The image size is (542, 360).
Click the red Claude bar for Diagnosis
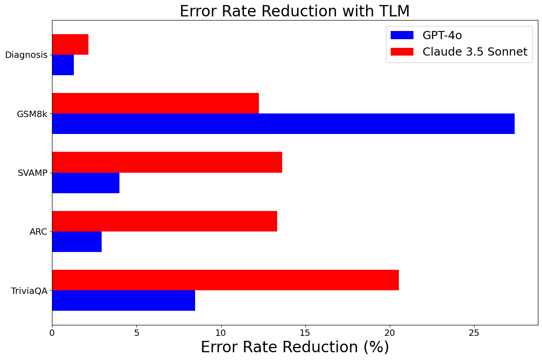pos(70,45)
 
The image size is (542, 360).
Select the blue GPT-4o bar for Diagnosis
pos(63,65)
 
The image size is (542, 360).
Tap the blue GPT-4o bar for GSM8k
pos(283,123)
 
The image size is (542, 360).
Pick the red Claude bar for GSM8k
pos(155,103)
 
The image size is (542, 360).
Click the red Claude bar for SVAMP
pos(167,162)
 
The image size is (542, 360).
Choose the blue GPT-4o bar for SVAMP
pos(86,183)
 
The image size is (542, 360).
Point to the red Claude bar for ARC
pos(165,221)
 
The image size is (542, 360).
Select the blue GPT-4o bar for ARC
pos(77,242)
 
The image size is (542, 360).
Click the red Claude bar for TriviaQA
pos(225,280)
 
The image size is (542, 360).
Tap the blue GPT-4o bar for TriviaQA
pos(124,300)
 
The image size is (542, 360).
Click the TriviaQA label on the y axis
pos(29,291)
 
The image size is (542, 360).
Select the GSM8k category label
pos(32,114)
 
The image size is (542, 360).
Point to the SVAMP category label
pos(32,173)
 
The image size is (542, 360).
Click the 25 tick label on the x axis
pos(474,333)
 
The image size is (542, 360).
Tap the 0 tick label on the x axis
pos(52,333)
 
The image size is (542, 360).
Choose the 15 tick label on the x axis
pos(305,333)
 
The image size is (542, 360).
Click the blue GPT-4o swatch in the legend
pos(402,35)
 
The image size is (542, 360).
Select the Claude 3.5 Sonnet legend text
pos(475,52)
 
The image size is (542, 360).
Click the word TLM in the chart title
pos(392,11)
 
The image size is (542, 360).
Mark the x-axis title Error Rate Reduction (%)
pos(294,347)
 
